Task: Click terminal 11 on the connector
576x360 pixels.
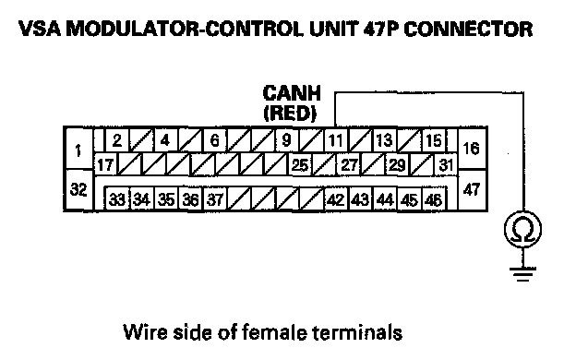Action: click(335, 140)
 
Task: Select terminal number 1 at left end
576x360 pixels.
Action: click(78, 149)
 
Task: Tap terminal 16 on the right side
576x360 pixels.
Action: click(472, 149)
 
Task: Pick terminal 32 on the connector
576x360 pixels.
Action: click(78, 190)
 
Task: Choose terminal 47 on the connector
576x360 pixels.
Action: click(472, 190)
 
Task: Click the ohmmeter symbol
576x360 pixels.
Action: click(522, 230)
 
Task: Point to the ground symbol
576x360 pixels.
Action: click(522, 274)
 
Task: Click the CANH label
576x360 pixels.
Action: click(292, 93)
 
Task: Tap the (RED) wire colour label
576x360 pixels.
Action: click(290, 114)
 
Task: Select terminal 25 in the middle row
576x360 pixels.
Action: click(300, 164)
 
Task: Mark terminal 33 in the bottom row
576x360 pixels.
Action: click(117, 199)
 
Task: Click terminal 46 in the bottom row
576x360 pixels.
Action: click(434, 199)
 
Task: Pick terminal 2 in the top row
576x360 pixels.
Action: click(117, 140)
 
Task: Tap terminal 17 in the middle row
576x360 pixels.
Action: click(105, 164)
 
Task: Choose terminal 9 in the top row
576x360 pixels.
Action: click(287, 140)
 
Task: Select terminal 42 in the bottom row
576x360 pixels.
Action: click(336, 199)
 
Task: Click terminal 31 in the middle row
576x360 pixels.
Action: click(446, 164)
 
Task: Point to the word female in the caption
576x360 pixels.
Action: click(274, 332)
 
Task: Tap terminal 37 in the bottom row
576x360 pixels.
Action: click(215, 199)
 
